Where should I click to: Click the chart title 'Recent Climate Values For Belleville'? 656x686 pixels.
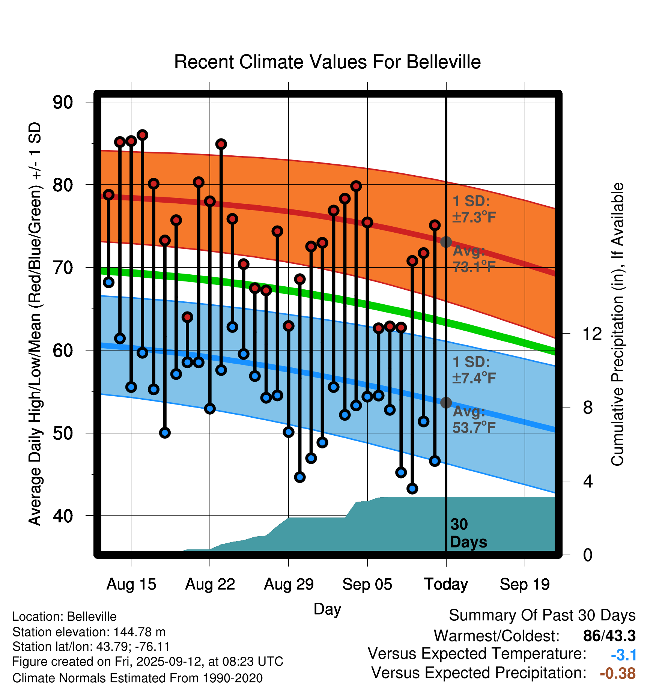click(x=327, y=62)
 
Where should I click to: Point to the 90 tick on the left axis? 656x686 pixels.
click(x=63, y=102)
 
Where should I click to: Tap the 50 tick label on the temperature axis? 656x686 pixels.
click(x=63, y=433)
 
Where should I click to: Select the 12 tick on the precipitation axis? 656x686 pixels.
click(x=592, y=334)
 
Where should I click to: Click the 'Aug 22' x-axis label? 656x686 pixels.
click(x=210, y=584)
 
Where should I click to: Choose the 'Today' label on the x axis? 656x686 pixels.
click(x=446, y=584)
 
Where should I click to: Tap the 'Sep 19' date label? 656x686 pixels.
click(x=524, y=584)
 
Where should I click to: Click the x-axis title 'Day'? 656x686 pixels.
click(x=327, y=609)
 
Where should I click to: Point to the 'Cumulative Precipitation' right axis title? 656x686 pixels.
click(x=617, y=325)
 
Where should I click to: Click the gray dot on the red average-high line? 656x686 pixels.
click(x=446, y=242)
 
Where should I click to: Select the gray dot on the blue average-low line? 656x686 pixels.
click(x=446, y=403)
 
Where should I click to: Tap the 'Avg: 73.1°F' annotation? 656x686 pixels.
click(x=474, y=259)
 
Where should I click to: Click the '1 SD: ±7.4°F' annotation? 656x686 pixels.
click(x=474, y=370)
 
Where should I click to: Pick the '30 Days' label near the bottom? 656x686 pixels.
click(x=468, y=533)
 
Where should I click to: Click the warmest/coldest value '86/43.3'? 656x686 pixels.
click(x=609, y=636)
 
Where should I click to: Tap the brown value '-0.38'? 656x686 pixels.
click(x=617, y=673)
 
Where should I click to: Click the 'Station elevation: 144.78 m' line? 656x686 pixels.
click(x=89, y=632)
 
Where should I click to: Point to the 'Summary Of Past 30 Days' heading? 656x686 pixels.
click(x=542, y=615)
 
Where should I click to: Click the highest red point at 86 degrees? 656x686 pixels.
click(x=142, y=135)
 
